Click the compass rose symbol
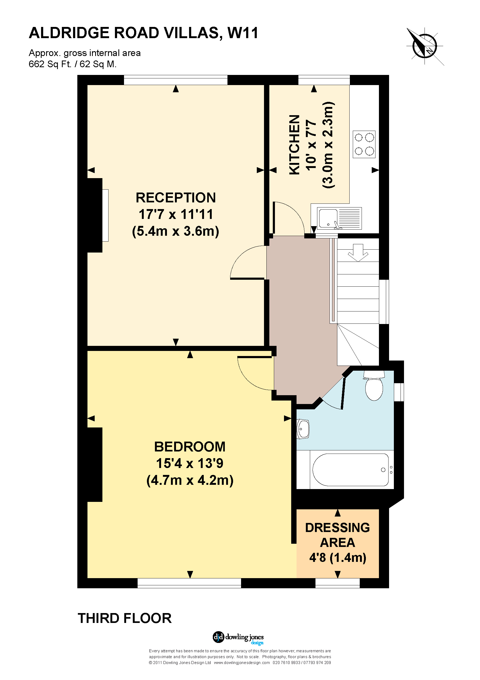[425, 46]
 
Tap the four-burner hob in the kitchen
[364, 144]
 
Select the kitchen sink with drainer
[339, 218]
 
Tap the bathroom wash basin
[303, 429]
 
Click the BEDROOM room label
[190, 447]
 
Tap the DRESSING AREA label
[337, 535]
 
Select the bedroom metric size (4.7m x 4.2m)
[190, 480]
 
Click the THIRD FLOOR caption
[124, 618]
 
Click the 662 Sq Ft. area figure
[50, 64]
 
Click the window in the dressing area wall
[337, 583]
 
